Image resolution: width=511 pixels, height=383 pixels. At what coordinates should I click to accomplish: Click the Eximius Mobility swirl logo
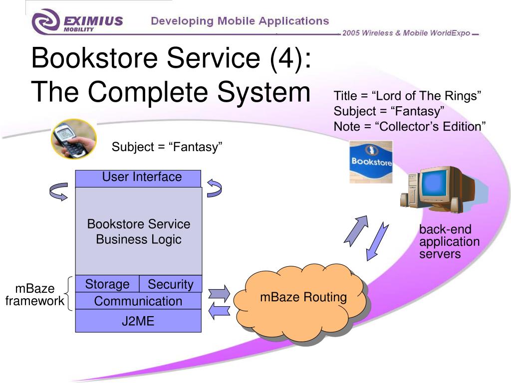pos(45,21)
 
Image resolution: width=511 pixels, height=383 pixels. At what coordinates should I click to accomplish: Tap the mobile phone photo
pos(74,139)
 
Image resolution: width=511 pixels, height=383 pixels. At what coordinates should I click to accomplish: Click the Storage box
pos(107,284)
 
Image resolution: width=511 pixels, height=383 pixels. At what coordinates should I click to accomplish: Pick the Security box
pos(171,284)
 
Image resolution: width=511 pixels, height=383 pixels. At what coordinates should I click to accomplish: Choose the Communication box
pos(138,301)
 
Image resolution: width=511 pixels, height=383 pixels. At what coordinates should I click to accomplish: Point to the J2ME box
pos(138,321)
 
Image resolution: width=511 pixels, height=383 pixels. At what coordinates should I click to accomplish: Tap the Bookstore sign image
pos(371,162)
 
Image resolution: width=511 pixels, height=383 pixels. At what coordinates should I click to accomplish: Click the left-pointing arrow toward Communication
pos(219,311)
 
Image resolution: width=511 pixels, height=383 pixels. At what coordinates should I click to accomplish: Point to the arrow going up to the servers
pos(356,230)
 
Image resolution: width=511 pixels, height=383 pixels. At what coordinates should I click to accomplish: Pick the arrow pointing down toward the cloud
pos(377,241)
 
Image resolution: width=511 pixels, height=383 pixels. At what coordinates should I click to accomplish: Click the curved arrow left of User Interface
pos(59,191)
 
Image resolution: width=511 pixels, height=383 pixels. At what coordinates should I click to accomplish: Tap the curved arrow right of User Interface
pos(215,188)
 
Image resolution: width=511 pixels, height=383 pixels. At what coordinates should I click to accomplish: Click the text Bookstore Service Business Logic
pos(139,231)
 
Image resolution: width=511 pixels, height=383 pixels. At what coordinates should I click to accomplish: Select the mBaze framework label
pos(35,295)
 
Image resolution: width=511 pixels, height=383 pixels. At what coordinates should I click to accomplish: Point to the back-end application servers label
pos(449,241)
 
